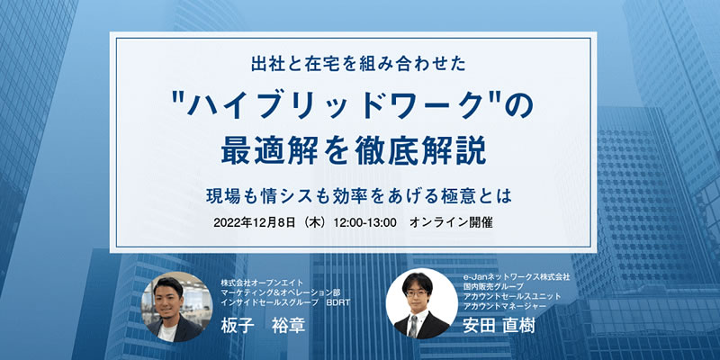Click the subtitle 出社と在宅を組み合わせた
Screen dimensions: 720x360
358,64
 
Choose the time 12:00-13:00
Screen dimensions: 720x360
365,223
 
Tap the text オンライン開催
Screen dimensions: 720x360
451,223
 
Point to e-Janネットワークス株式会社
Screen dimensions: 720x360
517,276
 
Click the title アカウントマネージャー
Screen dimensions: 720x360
505,306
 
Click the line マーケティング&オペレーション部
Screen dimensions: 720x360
281,292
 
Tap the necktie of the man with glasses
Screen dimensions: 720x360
413,325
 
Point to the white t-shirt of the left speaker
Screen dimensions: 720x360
167,332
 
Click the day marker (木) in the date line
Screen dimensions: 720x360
319,223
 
